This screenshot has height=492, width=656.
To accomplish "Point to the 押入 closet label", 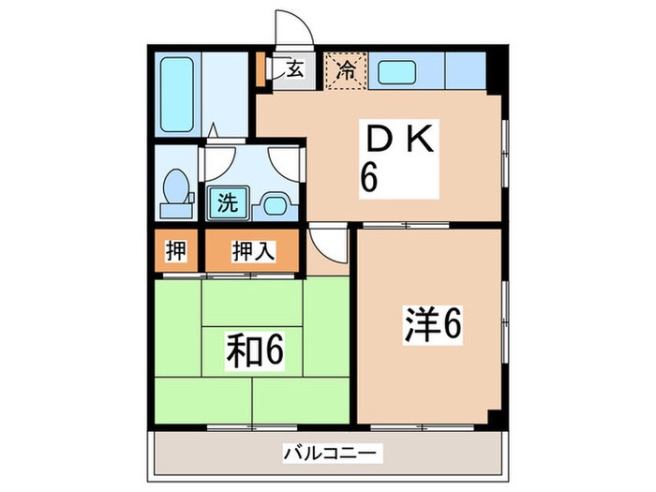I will (x=253, y=250).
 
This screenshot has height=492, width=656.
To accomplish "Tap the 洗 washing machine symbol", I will (x=229, y=201).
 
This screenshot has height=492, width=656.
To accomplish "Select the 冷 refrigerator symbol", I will (x=346, y=68).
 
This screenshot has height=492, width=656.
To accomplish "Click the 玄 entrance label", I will (x=293, y=68).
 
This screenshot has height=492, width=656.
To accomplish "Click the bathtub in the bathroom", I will (x=175, y=94).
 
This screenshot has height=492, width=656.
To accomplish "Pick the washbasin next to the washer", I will (x=275, y=202).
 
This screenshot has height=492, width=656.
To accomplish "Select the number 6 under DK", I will (x=370, y=177).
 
